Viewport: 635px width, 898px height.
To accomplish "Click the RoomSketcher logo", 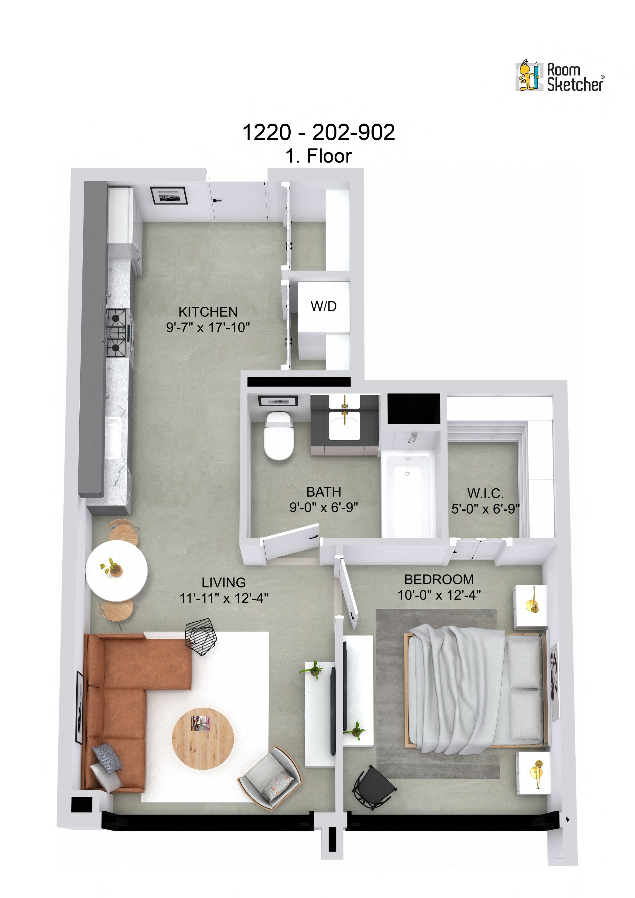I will [560, 77].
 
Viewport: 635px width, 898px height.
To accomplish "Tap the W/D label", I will [323, 306].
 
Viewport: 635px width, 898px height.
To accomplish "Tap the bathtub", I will [408, 493].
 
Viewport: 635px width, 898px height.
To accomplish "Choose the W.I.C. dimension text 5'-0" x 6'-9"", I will [485, 509].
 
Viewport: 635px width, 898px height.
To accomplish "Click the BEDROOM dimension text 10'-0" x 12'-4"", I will [439, 595].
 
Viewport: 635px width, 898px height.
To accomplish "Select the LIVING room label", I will [223, 582].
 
